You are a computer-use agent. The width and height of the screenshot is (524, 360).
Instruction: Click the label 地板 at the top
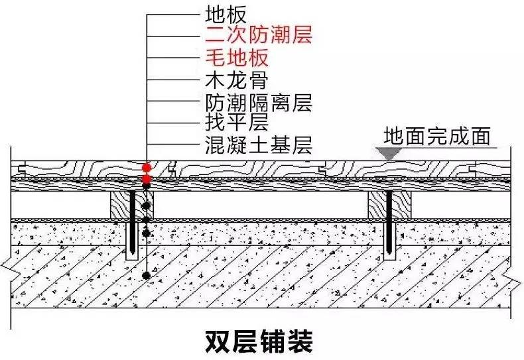pyautogui.click(x=228, y=13)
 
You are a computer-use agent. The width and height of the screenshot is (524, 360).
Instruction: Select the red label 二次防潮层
pyautogui.click(x=259, y=34)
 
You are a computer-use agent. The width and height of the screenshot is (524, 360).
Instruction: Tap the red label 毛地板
pyautogui.click(x=237, y=57)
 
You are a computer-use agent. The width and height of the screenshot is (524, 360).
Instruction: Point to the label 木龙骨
pyautogui.click(x=237, y=81)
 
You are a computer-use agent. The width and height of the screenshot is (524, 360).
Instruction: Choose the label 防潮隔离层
pyautogui.click(x=259, y=103)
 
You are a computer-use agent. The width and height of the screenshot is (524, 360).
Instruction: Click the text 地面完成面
pyautogui.click(x=437, y=137)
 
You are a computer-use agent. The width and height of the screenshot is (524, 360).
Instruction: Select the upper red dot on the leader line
pyautogui.click(x=146, y=168)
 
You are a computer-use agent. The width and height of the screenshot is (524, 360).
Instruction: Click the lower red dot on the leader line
pyautogui.click(x=146, y=180)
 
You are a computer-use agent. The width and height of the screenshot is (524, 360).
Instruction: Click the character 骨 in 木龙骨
pyautogui.click(x=259, y=81)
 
